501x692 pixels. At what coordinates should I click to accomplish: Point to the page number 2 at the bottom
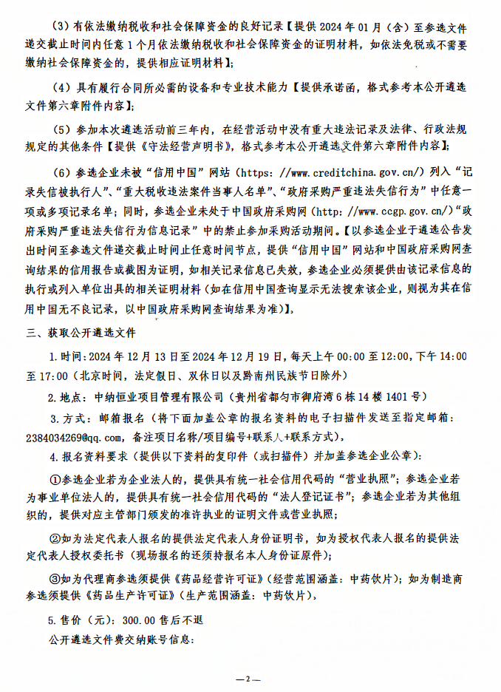click(x=249, y=679)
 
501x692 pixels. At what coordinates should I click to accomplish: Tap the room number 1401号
click(x=402, y=396)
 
